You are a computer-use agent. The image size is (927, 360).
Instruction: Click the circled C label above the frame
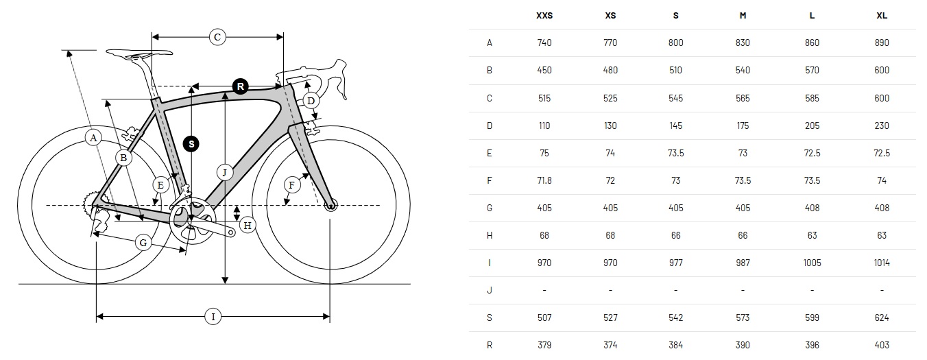217,37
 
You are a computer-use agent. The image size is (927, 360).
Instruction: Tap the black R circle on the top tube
241,86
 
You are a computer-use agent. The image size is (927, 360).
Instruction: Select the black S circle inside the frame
191,144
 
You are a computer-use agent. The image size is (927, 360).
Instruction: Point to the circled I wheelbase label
213,317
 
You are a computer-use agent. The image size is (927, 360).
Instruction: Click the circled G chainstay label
143,243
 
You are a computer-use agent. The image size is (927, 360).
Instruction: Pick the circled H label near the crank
248,225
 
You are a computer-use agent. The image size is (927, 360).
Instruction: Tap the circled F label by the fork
292,185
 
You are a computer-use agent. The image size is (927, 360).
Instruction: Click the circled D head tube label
311,100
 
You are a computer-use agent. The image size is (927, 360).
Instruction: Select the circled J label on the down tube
225,172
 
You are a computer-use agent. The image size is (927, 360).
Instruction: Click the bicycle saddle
139,53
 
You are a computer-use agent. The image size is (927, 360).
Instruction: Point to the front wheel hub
330,205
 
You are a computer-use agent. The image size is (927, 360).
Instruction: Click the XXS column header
544,15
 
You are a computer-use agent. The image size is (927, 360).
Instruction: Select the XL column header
882,15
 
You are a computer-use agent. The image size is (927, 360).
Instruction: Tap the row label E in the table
489,153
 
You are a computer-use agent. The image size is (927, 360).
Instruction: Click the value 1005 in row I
812,263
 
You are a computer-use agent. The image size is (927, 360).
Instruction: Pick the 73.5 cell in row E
675,153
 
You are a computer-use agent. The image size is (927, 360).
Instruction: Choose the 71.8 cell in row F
544,180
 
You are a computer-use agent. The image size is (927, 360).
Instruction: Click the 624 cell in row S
882,317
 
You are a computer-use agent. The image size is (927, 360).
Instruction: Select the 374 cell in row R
610,345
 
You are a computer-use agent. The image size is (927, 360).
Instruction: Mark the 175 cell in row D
743,125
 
